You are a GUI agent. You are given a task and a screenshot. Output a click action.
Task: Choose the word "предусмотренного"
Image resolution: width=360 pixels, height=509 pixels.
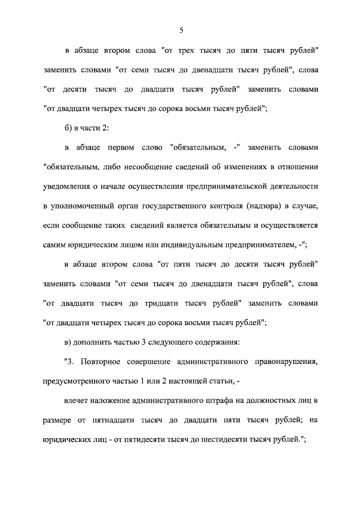click(x=79, y=380)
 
